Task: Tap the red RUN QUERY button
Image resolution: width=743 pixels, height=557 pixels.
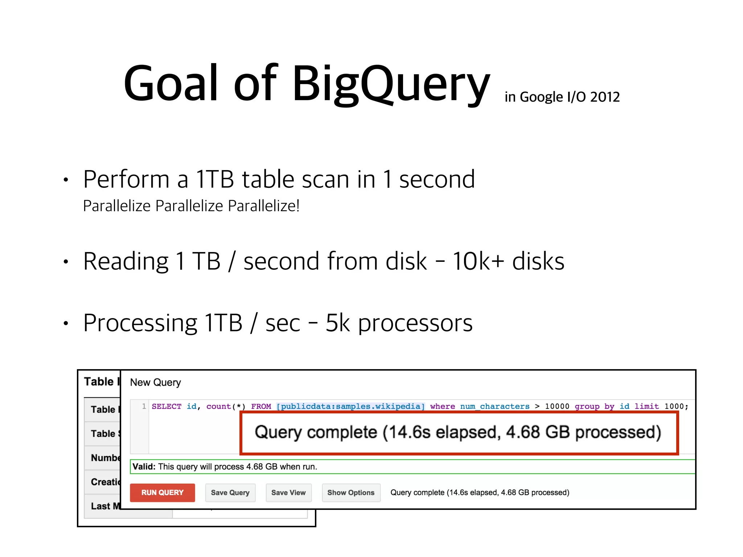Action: pos(162,492)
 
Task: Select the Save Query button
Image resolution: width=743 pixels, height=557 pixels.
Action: pos(230,492)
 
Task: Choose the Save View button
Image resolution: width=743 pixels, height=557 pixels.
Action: pos(288,492)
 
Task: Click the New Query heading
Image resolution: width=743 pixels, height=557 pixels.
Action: pos(155,383)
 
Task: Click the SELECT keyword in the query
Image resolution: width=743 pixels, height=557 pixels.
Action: pos(166,407)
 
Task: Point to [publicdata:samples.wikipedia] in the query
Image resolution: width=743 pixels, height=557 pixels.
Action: pos(350,407)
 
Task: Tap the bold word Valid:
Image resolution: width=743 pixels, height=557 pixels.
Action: pos(144,467)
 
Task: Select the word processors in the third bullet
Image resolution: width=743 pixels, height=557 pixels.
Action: pos(415,323)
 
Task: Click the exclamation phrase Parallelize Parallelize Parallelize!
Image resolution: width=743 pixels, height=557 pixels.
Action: pos(191,206)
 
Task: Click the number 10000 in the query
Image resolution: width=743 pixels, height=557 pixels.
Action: pos(557,407)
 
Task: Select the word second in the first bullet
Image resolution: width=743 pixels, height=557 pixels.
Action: pos(437,179)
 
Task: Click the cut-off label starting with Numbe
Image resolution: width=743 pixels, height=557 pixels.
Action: pos(105,458)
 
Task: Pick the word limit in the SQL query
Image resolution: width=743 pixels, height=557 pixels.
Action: pos(646,407)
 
